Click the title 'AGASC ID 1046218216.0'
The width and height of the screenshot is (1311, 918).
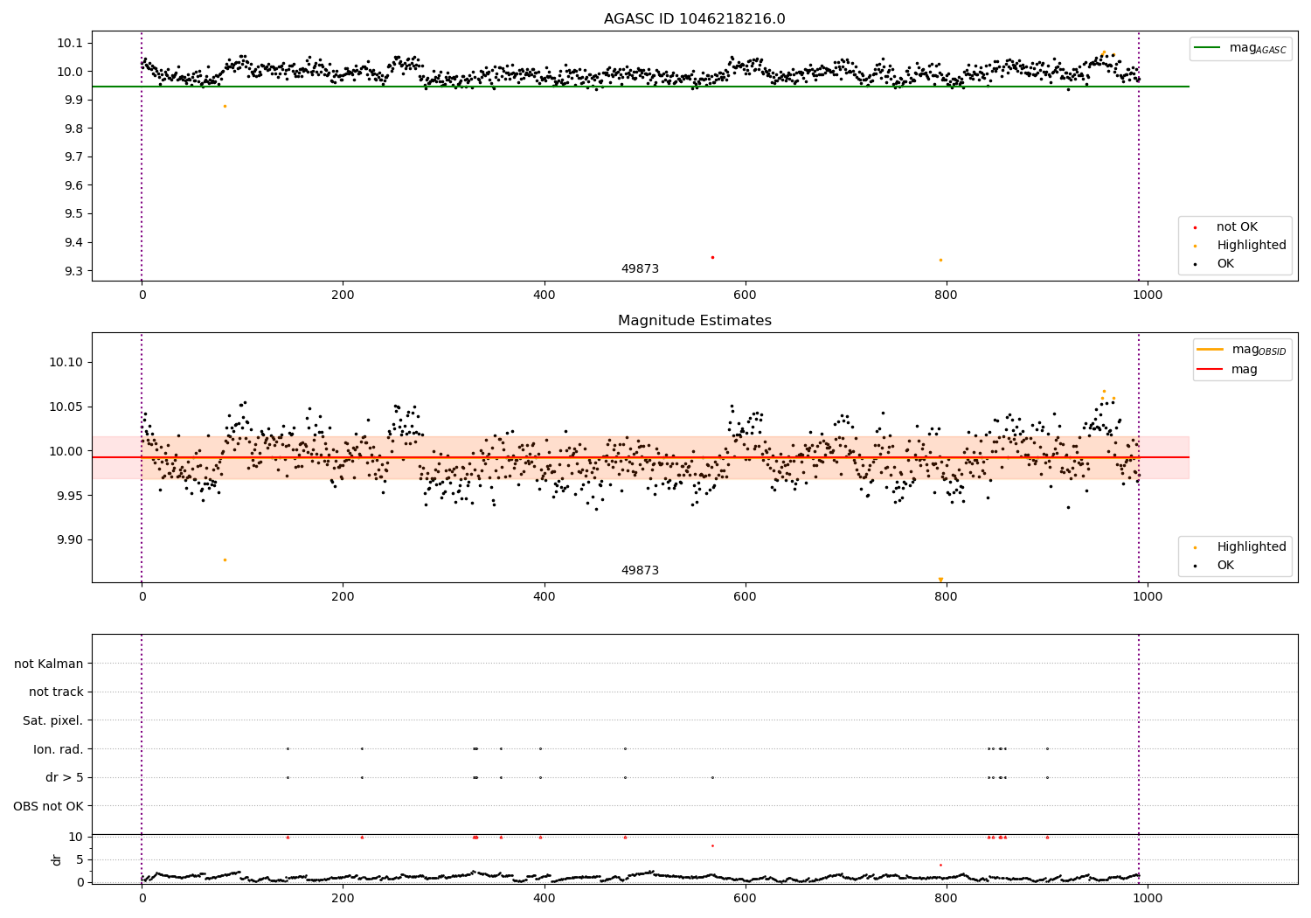click(x=694, y=19)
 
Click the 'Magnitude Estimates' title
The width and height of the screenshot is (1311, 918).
click(x=694, y=321)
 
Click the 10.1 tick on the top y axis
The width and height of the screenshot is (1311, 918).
click(x=71, y=43)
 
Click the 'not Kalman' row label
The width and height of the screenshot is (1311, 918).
click(x=49, y=664)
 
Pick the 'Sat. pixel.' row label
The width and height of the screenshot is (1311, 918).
click(x=52, y=720)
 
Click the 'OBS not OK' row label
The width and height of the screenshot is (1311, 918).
click(x=48, y=806)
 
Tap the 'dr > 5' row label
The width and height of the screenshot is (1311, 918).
click(x=64, y=777)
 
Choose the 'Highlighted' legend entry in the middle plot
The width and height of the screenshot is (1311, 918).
click(x=1251, y=546)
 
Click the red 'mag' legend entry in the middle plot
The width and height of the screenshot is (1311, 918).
click(x=1244, y=369)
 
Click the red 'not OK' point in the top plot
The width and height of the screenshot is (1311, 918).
click(x=712, y=257)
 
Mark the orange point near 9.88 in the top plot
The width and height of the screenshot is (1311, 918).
click(x=225, y=106)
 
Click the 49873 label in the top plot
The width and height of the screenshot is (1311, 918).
click(x=640, y=268)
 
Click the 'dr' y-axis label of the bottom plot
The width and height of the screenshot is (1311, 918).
click(x=57, y=859)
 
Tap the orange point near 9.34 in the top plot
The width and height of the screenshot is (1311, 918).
click(x=940, y=260)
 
